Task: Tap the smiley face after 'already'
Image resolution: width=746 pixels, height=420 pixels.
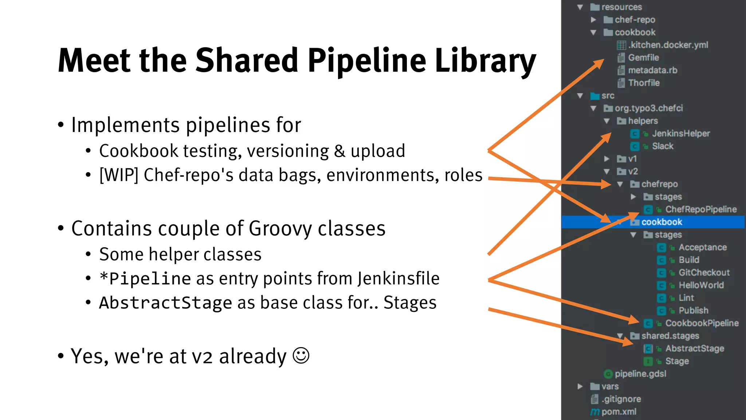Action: (301, 355)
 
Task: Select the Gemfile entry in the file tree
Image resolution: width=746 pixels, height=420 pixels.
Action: (643, 58)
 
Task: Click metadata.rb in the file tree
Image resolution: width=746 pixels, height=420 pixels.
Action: (652, 70)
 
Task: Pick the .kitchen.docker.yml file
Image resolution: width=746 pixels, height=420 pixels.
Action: (668, 45)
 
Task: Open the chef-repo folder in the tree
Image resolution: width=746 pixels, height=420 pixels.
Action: (635, 20)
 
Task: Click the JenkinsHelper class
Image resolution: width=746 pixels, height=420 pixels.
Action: (680, 134)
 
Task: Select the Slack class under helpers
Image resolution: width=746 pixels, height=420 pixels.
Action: (663, 146)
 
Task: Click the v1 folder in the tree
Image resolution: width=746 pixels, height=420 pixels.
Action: (632, 159)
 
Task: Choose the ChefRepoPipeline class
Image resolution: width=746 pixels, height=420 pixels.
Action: (700, 209)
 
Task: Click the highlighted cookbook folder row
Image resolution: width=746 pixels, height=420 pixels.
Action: (661, 222)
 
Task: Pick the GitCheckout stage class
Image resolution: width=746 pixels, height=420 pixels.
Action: (704, 273)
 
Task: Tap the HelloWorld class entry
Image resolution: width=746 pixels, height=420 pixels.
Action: (701, 285)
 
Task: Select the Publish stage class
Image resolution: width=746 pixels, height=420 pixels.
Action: (693, 311)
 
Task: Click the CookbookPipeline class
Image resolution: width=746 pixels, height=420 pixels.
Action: (702, 323)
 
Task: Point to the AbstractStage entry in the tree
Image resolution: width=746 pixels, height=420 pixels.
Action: (694, 349)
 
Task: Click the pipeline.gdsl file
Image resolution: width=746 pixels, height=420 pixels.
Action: (640, 374)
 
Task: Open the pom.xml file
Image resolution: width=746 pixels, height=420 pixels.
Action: (619, 412)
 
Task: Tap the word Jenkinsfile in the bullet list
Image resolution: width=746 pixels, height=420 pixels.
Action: (398, 279)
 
